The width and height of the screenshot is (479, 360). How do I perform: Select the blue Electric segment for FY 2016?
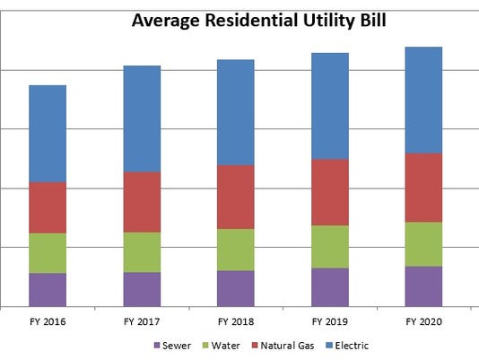48,134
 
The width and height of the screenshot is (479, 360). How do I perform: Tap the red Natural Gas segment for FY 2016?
48,207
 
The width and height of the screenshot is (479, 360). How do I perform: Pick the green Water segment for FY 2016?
48,253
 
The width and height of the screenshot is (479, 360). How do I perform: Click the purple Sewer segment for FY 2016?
48,289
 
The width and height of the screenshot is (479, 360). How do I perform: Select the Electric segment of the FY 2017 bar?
142,119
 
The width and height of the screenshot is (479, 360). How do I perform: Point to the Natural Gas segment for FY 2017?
142,202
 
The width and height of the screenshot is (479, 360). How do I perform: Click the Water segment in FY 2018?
236,250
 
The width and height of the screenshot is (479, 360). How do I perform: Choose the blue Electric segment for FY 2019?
330,106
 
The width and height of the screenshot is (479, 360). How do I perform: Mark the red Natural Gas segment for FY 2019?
330,192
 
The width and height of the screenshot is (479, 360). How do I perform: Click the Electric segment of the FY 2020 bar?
423,100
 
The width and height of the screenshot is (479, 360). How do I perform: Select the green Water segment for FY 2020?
423,244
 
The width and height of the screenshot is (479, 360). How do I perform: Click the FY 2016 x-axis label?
48,320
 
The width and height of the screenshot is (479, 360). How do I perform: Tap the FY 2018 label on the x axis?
236,320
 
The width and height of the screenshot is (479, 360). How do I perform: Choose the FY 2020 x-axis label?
423,320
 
